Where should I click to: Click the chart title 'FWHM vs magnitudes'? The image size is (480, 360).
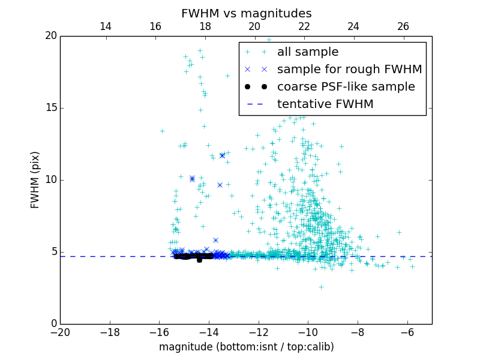[x=246, y=13]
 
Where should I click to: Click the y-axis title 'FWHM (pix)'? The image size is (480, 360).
[x=35, y=180]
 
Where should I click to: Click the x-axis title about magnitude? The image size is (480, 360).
[x=246, y=347]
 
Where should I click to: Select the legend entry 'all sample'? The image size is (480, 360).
[x=307, y=52]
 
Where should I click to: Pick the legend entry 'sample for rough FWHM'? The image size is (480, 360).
[x=349, y=70]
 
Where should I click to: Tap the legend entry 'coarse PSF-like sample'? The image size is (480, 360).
[x=346, y=87]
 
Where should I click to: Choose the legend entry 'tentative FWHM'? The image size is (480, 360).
[x=325, y=104]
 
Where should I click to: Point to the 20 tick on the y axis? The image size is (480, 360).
[x=50, y=36]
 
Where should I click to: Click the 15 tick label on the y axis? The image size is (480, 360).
[x=50, y=108]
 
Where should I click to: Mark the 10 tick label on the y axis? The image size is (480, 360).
[x=50, y=180]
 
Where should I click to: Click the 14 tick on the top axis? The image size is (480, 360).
[x=106, y=26]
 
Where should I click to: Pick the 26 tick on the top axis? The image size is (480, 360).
[x=403, y=26]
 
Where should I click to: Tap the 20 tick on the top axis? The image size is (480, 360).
[x=254, y=26]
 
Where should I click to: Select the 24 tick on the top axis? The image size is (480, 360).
[x=353, y=26]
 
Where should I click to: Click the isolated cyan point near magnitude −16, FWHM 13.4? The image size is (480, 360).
[x=162, y=131]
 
